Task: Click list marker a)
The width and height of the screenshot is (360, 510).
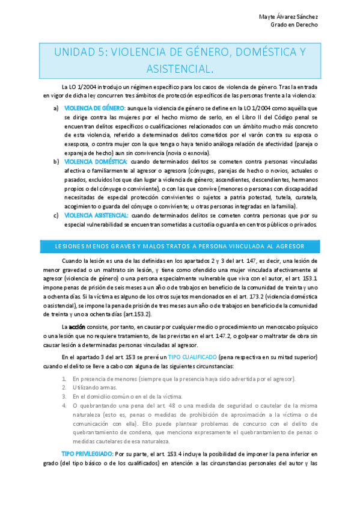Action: (x=56, y=108)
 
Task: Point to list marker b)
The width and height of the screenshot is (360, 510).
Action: (x=56, y=162)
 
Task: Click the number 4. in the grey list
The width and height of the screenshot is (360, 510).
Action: (x=64, y=406)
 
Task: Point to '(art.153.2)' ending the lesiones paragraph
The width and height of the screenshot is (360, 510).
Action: (x=135, y=313)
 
